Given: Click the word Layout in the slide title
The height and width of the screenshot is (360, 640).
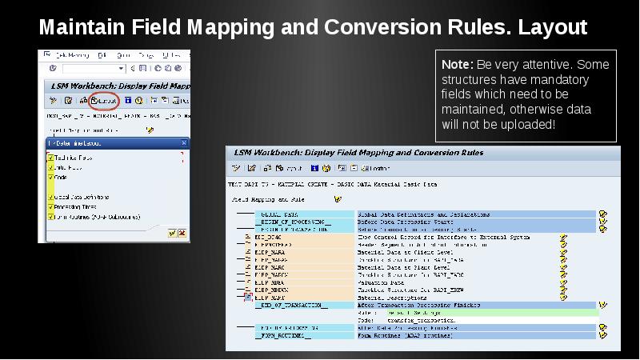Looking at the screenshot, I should click(553, 28).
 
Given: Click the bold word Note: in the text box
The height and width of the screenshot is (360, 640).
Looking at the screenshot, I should click(457, 65).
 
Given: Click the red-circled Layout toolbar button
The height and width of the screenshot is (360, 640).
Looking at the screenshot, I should click(104, 101).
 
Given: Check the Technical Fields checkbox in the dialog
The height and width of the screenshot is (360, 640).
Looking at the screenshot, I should click(51, 158).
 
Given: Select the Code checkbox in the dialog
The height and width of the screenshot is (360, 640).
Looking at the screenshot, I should click(51, 178).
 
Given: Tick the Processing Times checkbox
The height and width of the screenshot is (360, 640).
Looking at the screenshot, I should click(51, 206).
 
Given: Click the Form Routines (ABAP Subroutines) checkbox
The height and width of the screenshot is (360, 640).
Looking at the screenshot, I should click(51, 216).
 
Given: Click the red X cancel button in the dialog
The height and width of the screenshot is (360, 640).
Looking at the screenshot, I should click(182, 234).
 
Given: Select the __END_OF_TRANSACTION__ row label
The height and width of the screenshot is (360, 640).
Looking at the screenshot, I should click(291, 305).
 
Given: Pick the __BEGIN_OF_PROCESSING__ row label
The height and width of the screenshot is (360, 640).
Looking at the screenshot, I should click(293, 222).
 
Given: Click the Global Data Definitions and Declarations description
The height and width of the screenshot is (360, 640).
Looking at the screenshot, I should click(416, 214).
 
